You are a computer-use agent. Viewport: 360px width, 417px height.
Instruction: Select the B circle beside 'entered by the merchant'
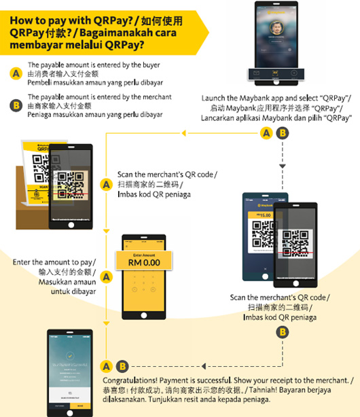(16, 105)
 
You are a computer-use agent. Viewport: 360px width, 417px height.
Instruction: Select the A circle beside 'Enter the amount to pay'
(106, 275)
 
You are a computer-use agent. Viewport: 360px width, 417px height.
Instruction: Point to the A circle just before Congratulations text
(106, 365)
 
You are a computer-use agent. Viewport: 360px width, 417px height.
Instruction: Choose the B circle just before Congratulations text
(121, 365)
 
